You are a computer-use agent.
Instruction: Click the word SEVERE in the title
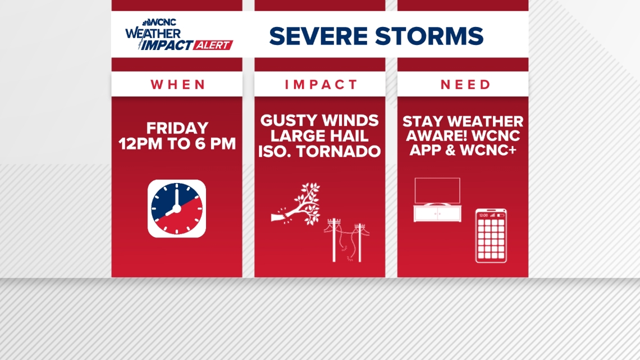click(x=318, y=36)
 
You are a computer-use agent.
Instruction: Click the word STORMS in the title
click(x=429, y=36)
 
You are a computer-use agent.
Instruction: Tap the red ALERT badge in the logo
click(x=213, y=45)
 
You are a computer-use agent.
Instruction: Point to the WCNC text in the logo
click(x=162, y=22)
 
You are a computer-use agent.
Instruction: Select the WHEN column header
click(x=177, y=84)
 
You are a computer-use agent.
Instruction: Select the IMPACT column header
click(x=321, y=84)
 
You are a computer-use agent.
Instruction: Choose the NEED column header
click(x=465, y=84)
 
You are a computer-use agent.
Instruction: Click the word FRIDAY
click(x=177, y=128)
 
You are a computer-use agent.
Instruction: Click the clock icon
click(x=177, y=208)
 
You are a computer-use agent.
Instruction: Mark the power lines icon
click(x=346, y=240)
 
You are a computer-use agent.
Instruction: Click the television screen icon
click(x=437, y=190)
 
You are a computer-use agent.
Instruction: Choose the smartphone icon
click(x=491, y=236)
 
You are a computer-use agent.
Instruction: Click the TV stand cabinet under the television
click(x=437, y=213)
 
